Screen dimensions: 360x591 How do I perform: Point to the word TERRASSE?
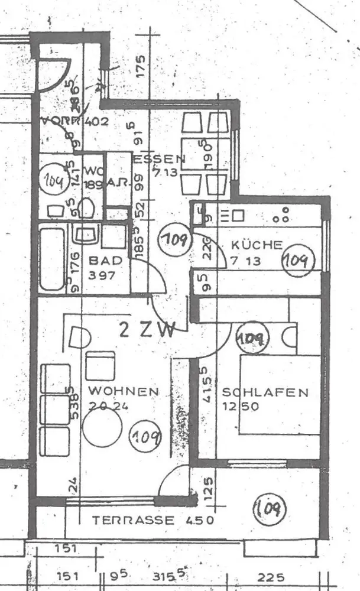(133, 521)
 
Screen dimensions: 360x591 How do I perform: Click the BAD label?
(105, 260)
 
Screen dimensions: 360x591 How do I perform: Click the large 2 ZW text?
(147, 329)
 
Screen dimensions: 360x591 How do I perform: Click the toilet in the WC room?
(87, 207)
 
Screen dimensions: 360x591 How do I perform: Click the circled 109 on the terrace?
(270, 508)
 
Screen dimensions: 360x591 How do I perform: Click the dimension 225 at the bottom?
(270, 577)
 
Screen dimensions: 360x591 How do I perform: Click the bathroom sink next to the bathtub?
(86, 235)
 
